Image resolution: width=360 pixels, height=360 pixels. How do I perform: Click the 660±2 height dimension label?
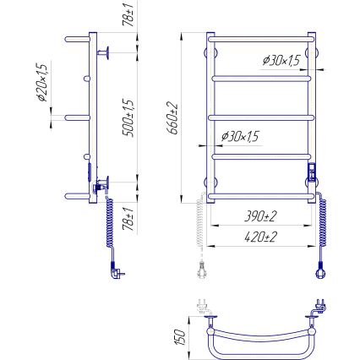pos(172,119)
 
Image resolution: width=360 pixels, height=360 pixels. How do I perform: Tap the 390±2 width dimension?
pos(260,217)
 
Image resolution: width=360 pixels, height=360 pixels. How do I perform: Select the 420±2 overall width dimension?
pos(260,237)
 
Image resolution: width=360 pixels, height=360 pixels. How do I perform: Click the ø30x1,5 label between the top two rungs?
pos(281,61)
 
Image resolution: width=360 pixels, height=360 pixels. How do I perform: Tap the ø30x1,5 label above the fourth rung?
pos(240,137)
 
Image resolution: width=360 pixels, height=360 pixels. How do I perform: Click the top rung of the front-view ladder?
pos(260,38)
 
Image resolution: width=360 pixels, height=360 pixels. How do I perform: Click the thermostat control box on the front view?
pos(311,176)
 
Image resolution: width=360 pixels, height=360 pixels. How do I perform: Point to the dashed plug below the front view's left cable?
pos(201,270)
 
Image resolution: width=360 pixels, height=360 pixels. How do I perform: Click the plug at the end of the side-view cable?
pos(115,270)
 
